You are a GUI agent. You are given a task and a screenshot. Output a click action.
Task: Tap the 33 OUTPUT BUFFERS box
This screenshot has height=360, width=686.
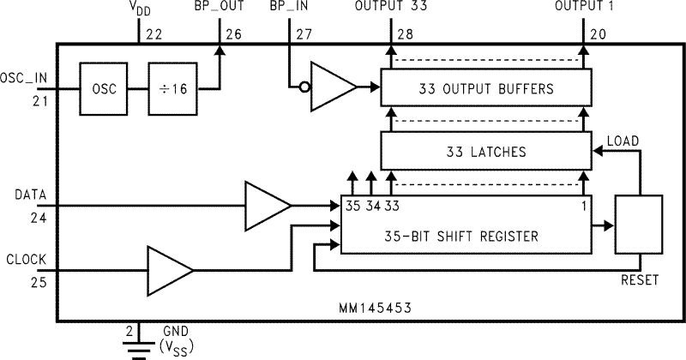[x=485, y=88]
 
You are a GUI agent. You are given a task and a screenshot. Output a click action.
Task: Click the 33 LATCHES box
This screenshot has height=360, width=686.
[x=485, y=152]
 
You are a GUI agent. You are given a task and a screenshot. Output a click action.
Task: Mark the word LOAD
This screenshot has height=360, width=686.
[x=623, y=139]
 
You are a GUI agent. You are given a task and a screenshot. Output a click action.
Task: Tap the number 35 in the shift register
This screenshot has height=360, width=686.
[x=352, y=206]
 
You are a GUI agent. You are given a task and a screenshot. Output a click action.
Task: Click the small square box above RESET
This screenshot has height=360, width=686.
[x=640, y=225]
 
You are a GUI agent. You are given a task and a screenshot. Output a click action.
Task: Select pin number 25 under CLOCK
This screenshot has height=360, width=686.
[x=15, y=279]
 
